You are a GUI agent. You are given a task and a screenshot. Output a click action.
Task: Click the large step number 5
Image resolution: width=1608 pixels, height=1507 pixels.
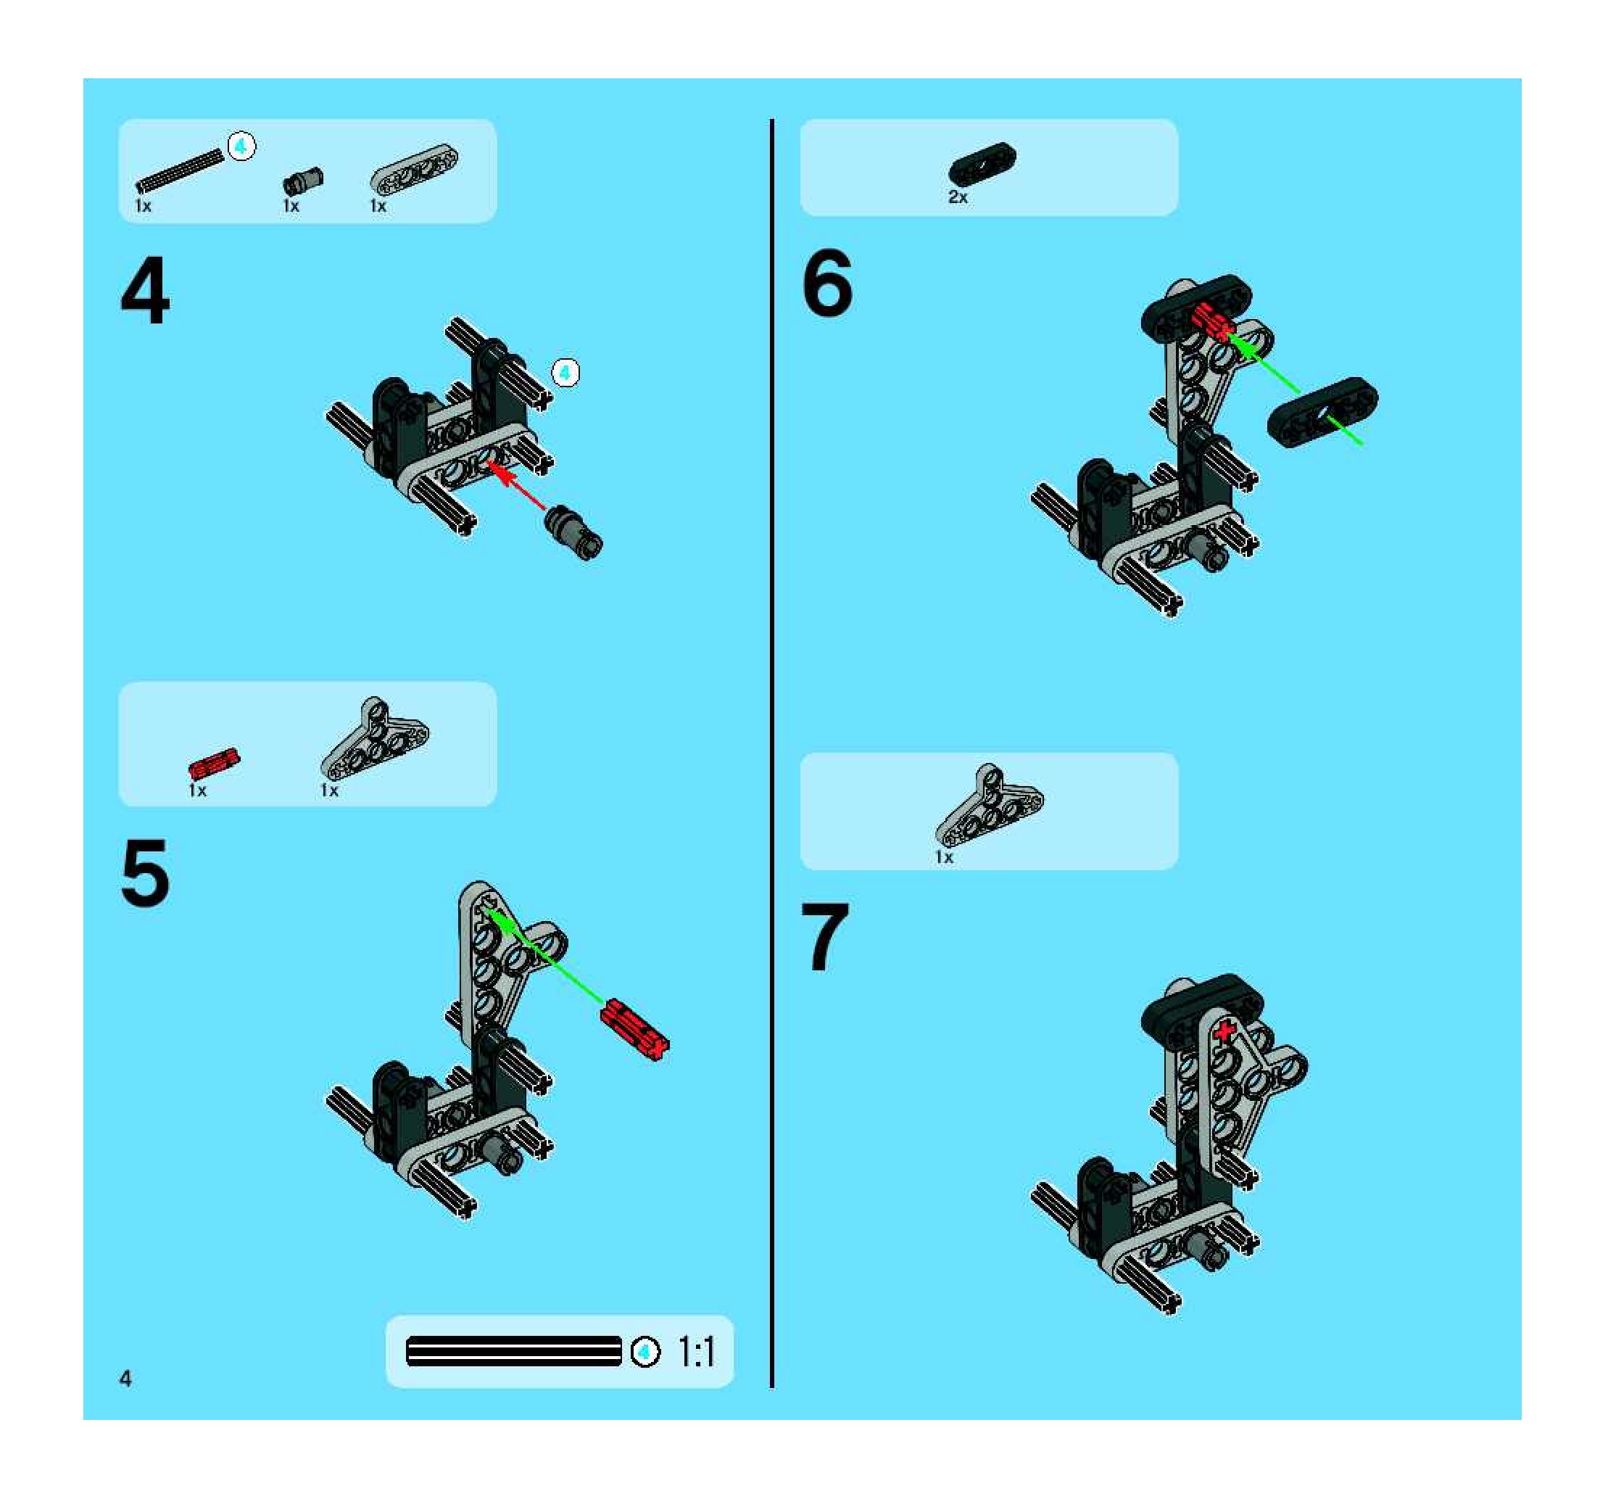145,873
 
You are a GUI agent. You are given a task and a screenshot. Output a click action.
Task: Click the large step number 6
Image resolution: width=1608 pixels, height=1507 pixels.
826,282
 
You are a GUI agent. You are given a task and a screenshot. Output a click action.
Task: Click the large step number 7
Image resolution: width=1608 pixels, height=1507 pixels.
825,937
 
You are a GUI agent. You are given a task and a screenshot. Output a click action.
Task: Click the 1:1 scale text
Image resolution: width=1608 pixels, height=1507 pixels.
695,1352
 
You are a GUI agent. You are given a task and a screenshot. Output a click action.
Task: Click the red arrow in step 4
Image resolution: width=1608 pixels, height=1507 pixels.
516,484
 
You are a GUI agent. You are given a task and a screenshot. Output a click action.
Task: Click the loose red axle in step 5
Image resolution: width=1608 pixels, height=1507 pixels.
635,1029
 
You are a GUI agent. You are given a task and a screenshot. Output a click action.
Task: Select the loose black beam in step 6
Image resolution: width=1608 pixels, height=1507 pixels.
1322,412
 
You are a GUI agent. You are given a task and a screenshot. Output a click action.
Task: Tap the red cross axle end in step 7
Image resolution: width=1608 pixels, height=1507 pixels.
1225,1031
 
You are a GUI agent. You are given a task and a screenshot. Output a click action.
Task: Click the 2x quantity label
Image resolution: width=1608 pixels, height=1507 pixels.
958,197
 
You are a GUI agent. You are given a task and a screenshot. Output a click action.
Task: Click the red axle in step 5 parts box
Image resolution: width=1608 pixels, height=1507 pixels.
215,763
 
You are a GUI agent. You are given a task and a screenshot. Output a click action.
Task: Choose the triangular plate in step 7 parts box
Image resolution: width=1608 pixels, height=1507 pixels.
989,805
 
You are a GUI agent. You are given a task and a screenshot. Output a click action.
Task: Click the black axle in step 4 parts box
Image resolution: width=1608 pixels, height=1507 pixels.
180,170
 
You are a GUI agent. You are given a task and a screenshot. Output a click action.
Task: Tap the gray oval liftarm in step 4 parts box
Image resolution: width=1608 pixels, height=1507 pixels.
413,169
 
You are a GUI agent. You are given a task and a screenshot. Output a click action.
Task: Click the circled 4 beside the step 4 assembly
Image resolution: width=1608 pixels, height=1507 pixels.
565,373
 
